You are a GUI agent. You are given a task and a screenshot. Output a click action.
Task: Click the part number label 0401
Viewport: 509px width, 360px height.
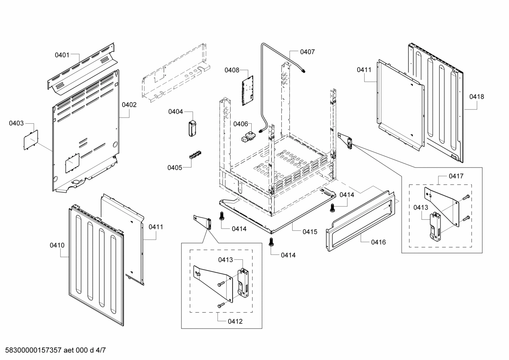pyautogui.click(x=62, y=55)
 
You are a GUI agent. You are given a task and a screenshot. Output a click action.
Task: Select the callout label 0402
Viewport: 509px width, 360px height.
pyautogui.click(x=129, y=105)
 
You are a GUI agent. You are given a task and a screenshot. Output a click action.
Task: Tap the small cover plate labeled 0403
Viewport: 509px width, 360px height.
pyautogui.click(x=31, y=141)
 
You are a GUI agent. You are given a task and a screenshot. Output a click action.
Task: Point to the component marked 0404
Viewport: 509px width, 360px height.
pyautogui.click(x=192, y=128)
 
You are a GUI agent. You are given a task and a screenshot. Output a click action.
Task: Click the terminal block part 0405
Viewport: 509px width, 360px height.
pyautogui.click(x=194, y=155)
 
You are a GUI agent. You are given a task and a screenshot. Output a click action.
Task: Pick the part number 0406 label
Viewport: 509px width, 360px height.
pyautogui.click(x=240, y=124)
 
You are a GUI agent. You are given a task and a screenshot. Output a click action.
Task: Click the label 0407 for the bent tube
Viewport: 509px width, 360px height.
pyautogui.click(x=307, y=52)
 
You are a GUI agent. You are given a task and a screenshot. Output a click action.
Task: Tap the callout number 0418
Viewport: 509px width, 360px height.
pyautogui.click(x=477, y=96)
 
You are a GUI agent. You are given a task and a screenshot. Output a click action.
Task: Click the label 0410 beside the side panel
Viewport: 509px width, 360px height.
pyautogui.click(x=57, y=245)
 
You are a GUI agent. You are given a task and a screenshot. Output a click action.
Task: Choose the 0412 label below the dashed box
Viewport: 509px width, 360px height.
pyautogui.click(x=235, y=321)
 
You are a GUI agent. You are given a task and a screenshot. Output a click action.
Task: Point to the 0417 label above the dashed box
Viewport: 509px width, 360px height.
pyautogui.click(x=456, y=176)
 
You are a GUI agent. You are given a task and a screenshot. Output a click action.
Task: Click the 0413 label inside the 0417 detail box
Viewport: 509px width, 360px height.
pyautogui.click(x=421, y=207)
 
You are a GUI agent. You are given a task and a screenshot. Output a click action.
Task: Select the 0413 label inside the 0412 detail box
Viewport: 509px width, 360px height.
pyautogui.click(x=225, y=260)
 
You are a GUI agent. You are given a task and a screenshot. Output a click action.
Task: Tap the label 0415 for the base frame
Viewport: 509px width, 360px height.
pyautogui.click(x=310, y=232)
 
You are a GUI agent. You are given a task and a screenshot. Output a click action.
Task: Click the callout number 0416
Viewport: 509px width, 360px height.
pyautogui.click(x=378, y=242)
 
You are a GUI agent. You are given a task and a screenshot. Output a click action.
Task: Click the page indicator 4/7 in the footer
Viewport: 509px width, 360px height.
pyautogui.click(x=101, y=350)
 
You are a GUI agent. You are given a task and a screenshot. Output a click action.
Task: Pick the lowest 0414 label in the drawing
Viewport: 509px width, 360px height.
pyautogui.click(x=288, y=255)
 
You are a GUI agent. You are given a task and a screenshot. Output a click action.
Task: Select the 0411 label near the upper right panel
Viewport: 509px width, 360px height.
pyautogui.click(x=364, y=70)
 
